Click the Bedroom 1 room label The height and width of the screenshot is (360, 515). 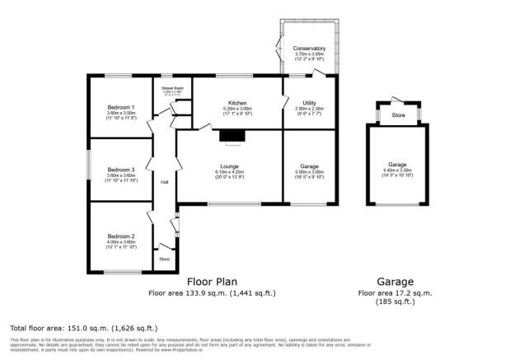tap(120, 108)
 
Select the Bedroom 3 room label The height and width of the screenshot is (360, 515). tap(120, 168)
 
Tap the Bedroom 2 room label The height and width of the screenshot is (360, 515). tap(120, 235)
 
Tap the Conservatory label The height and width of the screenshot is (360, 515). tap(309, 49)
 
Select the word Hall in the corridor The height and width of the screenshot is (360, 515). tap(164, 182)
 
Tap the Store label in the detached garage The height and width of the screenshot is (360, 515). tap(398, 115)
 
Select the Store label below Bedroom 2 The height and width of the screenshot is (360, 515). tap(164, 259)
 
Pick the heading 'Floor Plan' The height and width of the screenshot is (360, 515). tap(212, 281)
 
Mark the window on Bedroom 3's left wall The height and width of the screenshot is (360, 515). tap(89, 169)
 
